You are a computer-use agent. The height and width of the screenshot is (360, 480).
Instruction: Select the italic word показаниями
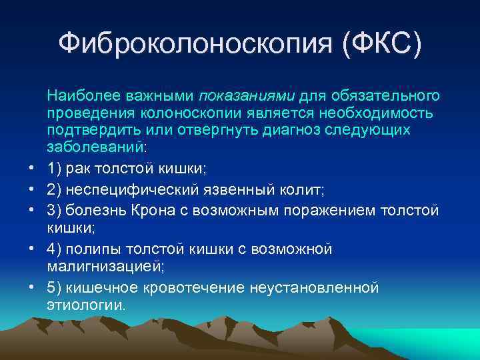[x=247, y=97]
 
